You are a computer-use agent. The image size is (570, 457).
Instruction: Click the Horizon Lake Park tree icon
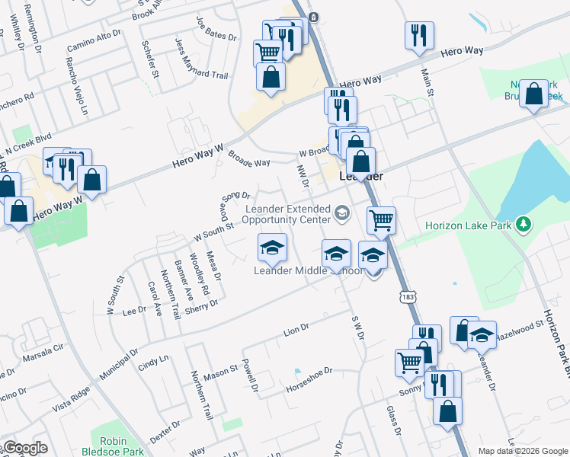click(x=523, y=224)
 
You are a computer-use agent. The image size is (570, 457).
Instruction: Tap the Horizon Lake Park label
click(x=469, y=225)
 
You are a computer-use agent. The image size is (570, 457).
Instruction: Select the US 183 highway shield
click(x=401, y=294)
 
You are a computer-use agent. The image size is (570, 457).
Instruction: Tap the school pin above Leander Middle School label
click(x=272, y=248)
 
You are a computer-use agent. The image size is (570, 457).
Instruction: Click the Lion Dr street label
click(x=295, y=330)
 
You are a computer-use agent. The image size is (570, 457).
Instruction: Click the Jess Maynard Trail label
click(x=191, y=59)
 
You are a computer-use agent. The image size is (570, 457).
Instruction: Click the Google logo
click(x=24, y=448)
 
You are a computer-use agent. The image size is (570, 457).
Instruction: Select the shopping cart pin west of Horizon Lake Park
click(x=381, y=221)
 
